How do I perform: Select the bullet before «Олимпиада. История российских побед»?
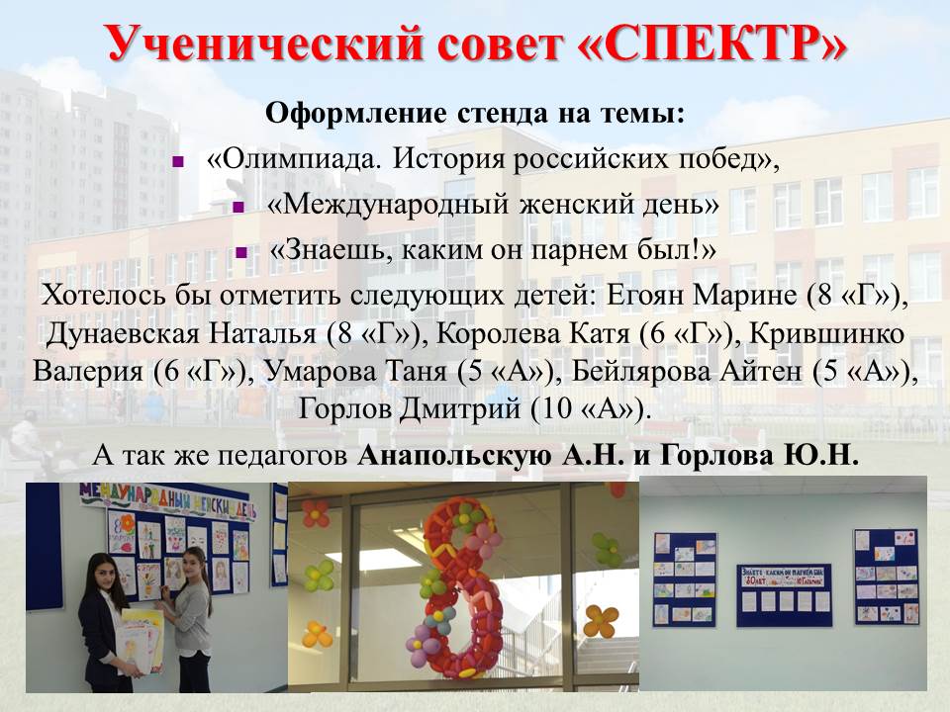(177, 161)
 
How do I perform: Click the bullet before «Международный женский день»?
(238, 207)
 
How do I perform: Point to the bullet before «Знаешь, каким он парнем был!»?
(241, 252)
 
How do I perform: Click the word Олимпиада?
(299, 159)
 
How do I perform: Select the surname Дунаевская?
(122, 334)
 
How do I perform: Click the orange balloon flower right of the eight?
(601, 622)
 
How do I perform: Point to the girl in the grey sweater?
(189, 614)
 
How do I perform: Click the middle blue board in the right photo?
(784, 595)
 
